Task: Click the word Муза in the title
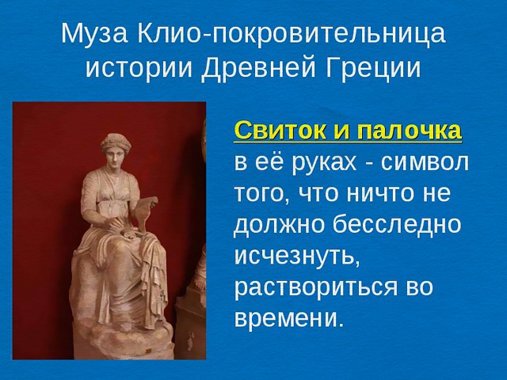click(x=94, y=34)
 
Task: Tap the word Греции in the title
click(x=373, y=68)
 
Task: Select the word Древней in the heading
click(x=258, y=69)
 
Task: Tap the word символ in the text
click(x=425, y=162)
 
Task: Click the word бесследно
click(x=396, y=224)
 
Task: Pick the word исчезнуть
click(x=297, y=256)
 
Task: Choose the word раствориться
click(x=315, y=288)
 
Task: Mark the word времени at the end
click(x=288, y=318)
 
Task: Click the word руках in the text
click(x=324, y=163)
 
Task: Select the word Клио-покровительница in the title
click(x=291, y=34)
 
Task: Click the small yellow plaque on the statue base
click(x=148, y=351)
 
